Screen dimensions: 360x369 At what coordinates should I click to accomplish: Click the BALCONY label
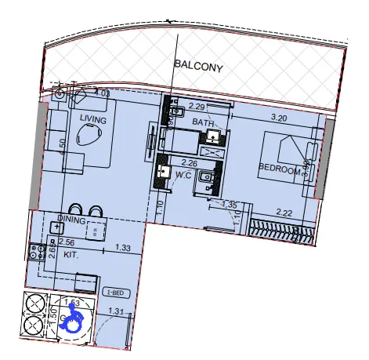[x=199, y=67]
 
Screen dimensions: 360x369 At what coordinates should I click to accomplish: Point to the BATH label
[x=203, y=123]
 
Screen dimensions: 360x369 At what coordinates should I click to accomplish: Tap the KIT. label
[x=72, y=255]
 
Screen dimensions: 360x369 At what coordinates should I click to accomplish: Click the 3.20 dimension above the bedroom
[x=279, y=118]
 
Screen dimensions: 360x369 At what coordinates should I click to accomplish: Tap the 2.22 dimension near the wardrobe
[x=284, y=213]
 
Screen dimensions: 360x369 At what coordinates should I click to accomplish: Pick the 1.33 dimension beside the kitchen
[x=122, y=249]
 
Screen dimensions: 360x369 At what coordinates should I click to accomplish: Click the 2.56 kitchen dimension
[x=67, y=244]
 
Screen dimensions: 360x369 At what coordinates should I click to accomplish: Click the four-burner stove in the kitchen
[x=35, y=252]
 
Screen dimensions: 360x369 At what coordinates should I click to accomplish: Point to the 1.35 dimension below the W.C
[x=230, y=205]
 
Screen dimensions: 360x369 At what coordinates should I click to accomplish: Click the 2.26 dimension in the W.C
[x=190, y=164]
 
